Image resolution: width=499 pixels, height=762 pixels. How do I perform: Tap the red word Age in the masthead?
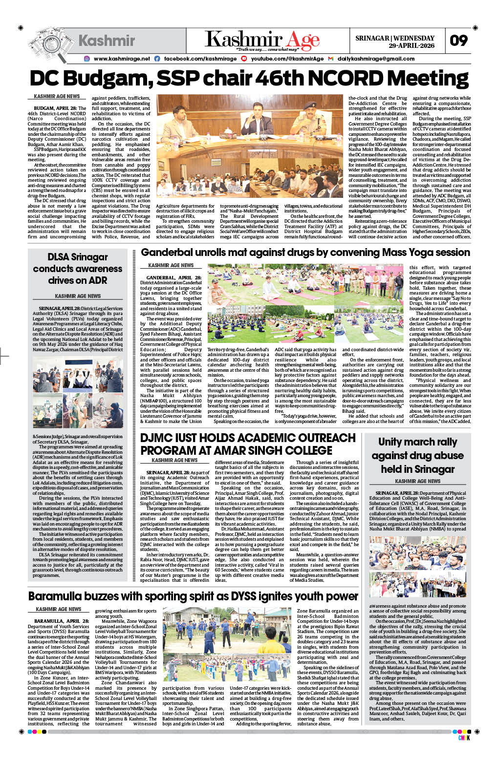303,40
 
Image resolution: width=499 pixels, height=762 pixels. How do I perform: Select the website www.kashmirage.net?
122,59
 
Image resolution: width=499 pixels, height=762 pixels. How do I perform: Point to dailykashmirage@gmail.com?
376,59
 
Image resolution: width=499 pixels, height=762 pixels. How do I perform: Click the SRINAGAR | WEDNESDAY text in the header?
395,38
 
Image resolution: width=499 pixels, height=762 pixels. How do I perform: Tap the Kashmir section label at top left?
107,41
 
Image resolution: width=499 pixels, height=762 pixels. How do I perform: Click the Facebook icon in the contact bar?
157,59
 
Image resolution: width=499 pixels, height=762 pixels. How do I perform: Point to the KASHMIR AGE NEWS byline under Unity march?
417,481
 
